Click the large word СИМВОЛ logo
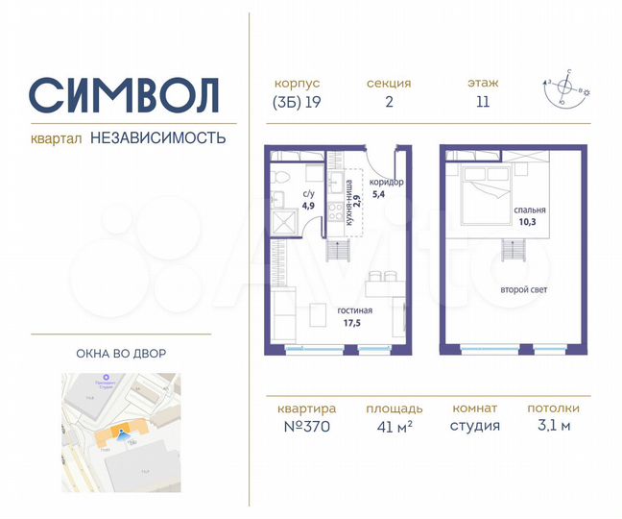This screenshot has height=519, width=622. point(125,94)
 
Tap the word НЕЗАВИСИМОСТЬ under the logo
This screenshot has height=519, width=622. point(158,137)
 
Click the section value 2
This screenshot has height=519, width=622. point(389,103)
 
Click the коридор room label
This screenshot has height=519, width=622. point(385,183)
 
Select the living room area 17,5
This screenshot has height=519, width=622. point(354,324)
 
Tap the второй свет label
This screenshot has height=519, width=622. point(523,289)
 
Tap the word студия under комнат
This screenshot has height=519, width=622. point(476,426)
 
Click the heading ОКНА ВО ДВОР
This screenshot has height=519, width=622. point(121,354)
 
